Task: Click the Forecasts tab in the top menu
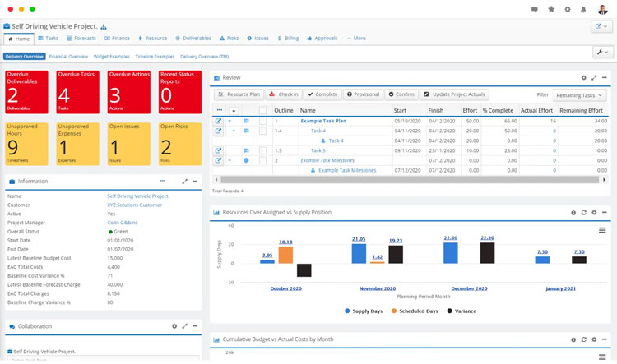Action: click(x=81, y=38)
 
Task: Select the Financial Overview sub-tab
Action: click(x=68, y=57)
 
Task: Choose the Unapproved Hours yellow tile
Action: click(x=27, y=143)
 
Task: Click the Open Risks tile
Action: click(x=178, y=143)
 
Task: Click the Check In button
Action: click(x=283, y=94)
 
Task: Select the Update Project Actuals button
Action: click(x=453, y=94)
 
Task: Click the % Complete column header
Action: click(x=497, y=110)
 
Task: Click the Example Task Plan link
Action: click(x=323, y=121)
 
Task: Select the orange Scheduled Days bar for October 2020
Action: click(x=285, y=255)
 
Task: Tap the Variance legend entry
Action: click(x=466, y=311)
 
